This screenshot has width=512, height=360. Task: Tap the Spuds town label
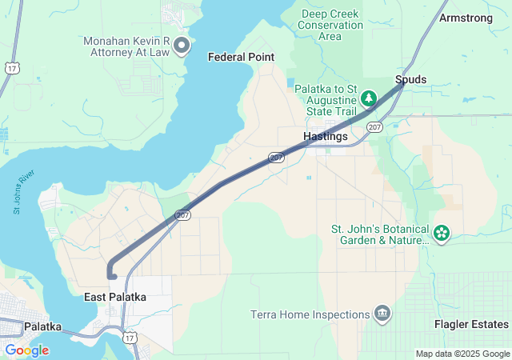(x=410, y=79)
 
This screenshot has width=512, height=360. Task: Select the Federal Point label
(x=241, y=57)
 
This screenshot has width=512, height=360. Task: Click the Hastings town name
(x=326, y=137)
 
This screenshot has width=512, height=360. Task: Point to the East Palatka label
(x=115, y=297)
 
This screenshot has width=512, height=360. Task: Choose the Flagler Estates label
(x=471, y=324)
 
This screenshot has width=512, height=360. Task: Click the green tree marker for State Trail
(x=368, y=98)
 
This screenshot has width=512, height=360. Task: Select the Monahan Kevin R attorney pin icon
(x=182, y=45)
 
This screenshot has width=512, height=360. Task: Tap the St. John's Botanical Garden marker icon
(x=442, y=234)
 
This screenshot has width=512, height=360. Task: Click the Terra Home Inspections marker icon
(x=382, y=313)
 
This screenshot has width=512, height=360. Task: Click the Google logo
(x=27, y=350)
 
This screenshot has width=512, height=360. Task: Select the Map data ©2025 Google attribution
(x=462, y=354)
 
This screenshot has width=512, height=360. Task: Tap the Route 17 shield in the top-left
(x=11, y=69)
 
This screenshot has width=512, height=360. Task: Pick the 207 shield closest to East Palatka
(x=182, y=216)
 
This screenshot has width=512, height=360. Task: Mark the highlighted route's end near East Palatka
(x=113, y=276)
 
